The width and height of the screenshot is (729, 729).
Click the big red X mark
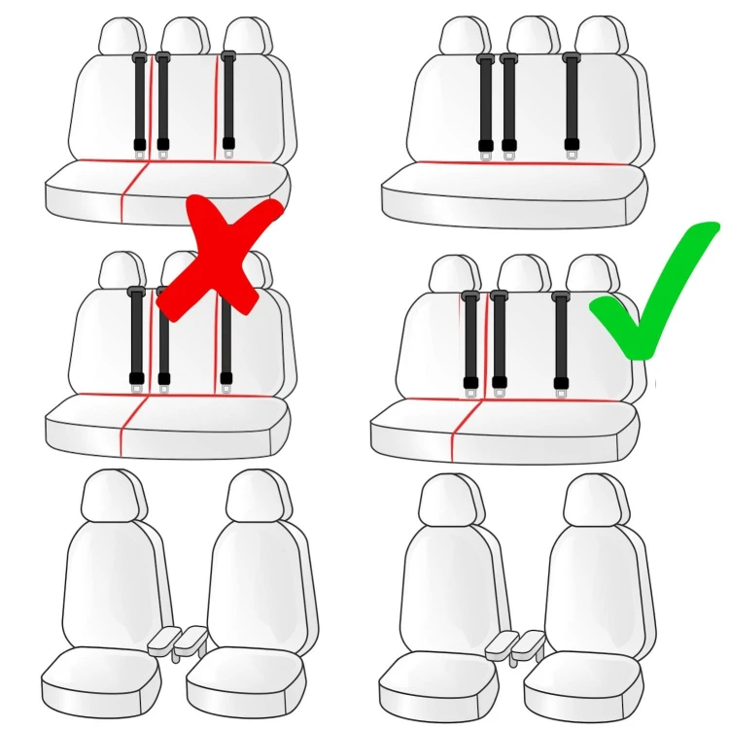click(219, 258)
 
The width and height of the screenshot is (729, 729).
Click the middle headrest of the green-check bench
click(524, 274)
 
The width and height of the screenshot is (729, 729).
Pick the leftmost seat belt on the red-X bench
click(136, 335)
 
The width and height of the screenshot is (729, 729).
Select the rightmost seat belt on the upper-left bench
click(228, 102)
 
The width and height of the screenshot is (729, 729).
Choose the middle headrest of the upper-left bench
click(185, 36)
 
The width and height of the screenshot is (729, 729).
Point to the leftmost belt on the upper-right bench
click(485, 102)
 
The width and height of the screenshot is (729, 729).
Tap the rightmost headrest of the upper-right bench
click(597, 36)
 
